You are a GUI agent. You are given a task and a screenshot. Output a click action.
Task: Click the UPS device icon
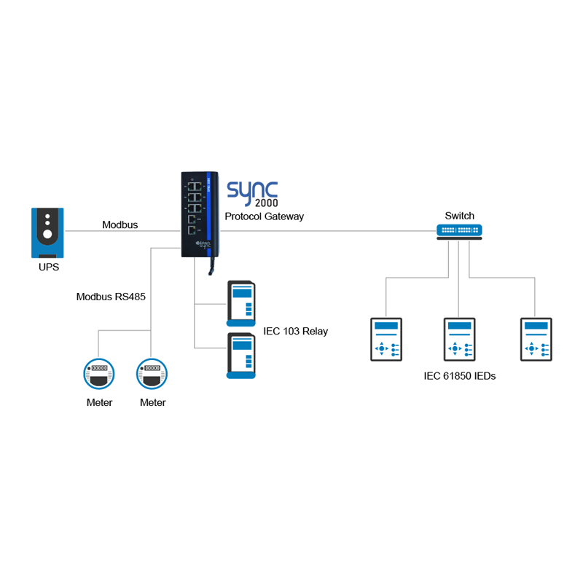47,232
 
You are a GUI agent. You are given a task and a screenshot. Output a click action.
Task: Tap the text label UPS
49,267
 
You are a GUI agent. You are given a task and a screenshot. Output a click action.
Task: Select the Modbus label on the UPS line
120,224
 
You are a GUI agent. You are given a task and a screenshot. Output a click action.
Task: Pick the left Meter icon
98,374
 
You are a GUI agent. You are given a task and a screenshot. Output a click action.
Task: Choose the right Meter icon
152,374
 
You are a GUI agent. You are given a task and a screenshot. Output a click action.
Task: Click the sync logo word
252,189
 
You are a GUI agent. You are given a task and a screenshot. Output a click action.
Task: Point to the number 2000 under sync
267,204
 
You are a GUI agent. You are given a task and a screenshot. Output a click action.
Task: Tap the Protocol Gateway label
265,216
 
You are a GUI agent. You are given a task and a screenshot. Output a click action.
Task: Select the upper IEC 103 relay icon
241,302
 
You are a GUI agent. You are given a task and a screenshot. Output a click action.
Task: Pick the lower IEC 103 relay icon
241,355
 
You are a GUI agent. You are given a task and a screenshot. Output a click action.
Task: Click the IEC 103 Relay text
295,331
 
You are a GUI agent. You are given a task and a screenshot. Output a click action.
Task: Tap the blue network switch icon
459,230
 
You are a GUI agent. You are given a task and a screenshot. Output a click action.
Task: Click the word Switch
459,216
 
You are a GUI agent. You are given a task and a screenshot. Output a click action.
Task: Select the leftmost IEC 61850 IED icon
386,339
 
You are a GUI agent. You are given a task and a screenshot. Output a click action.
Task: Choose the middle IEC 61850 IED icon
459,339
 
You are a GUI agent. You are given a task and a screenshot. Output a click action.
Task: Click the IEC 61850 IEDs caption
460,376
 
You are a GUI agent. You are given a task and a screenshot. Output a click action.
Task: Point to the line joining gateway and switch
328,230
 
